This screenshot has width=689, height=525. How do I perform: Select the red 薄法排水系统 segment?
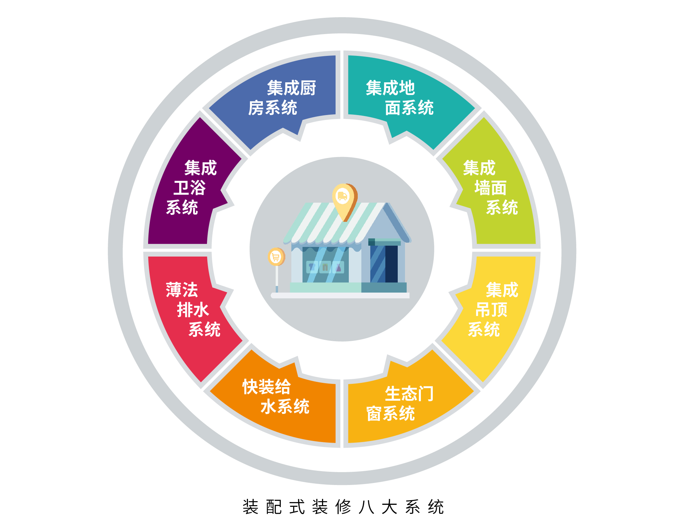click(x=192, y=314)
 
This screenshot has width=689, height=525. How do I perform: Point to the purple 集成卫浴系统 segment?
click(x=192, y=185)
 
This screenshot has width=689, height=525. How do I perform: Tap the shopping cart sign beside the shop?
click(x=276, y=257)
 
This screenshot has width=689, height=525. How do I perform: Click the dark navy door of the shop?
click(x=391, y=264)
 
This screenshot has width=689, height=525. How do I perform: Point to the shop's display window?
click(x=326, y=265)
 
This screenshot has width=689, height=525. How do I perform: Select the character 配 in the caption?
click(x=274, y=507)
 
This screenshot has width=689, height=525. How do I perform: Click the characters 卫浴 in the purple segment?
click(x=190, y=187)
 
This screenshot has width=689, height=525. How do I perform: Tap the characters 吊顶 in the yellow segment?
click(x=491, y=310)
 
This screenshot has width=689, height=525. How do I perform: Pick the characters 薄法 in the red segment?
click(x=182, y=290)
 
